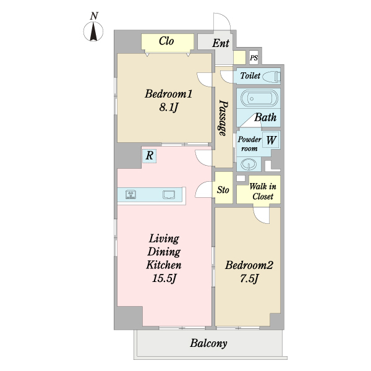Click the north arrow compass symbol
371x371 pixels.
(93, 32)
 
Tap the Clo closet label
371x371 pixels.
(166, 41)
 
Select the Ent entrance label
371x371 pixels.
(221, 43)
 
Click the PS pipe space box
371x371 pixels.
(254, 58)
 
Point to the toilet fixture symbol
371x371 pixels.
(271, 76)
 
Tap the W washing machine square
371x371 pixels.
(270, 140)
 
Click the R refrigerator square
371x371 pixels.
(149, 155)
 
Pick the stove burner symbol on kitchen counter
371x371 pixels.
(130, 194)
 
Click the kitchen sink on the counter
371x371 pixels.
(169, 195)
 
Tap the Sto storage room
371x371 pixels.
(223, 187)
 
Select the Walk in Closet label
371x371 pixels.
(263, 191)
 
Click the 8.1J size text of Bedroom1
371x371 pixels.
(168, 108)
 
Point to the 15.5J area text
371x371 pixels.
(164, 278)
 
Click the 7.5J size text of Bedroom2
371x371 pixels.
(249, 278)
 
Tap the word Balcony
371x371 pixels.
(208, 343)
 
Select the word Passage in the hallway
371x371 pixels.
(223, 118)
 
